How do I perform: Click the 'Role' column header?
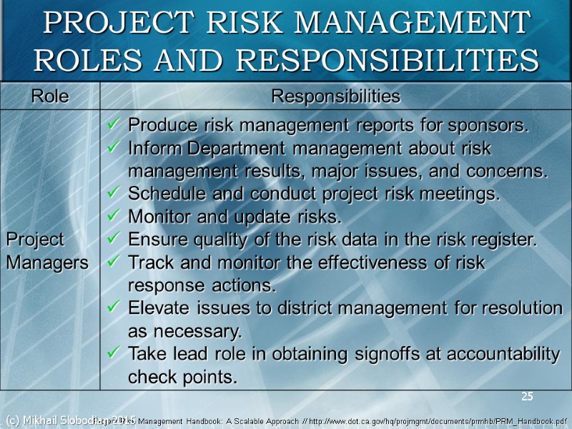pos(49,96)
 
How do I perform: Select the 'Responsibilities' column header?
pos(335,96)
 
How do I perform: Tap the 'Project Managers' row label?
pos(46,250)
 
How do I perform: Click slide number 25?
pos(527,397)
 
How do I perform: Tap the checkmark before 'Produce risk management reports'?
pos(112,126)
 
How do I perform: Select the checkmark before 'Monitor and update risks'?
pos(112,216)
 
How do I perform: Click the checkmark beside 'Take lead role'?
pos(112,354)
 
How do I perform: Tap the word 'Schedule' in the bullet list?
pos(160,194)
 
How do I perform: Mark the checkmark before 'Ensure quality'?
pos(112,240)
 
